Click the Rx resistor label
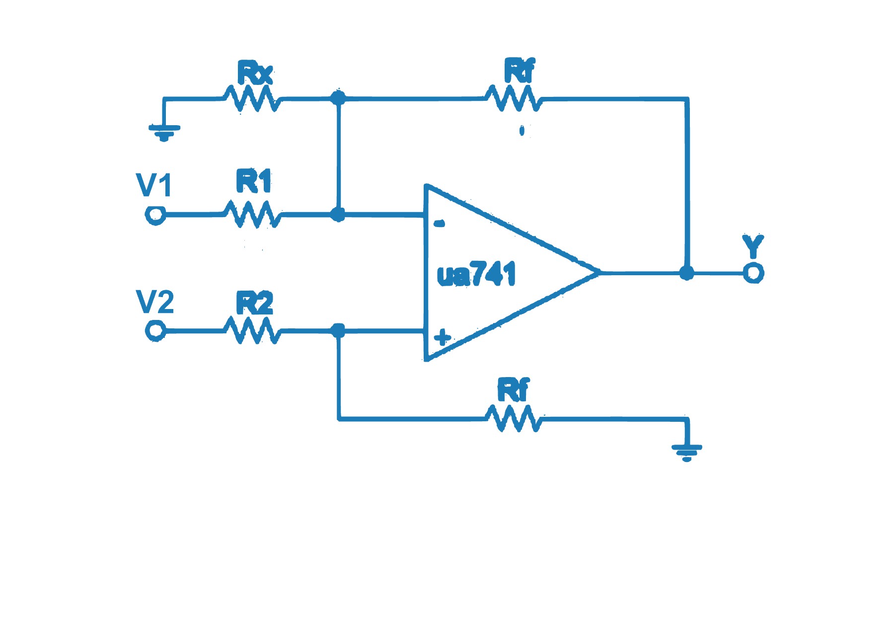tap(255, 74)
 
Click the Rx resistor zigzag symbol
tap(252, 98)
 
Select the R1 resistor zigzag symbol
tap(252, 214)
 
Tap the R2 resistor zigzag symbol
tap(252, 330)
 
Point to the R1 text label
tap(254, 181)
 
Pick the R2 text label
tap(254, 303)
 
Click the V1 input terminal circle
tap(155, 215)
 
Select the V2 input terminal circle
tap(155, 330)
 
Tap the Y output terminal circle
tap(753, 273)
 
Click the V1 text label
tap(154, 185)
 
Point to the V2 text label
tap(155, 302)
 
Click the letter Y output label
tap(752, 246)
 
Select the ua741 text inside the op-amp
tap(476, 274)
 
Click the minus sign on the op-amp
tap(439, 224)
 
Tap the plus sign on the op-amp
tap(442, 338)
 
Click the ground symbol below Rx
tap(164, 132)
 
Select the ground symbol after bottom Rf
tap(686, 452)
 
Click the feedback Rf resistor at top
tap(514, 98)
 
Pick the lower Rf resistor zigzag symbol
tap(514, 419)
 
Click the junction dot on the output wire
tap(686, 273)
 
